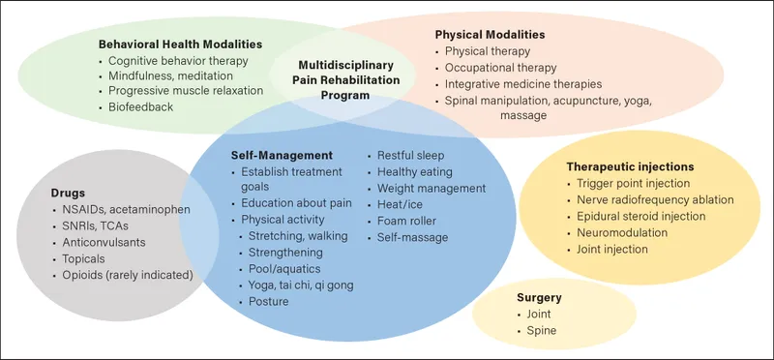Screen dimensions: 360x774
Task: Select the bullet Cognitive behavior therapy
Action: pyautogui.click(x=178, y=60)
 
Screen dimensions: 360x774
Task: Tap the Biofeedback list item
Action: pyautogui.click(x=141, y=106)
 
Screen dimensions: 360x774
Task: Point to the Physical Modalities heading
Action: pyautogui.click(x=490, y=34)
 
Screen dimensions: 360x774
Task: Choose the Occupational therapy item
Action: pyautogui.click(x=500, y=68)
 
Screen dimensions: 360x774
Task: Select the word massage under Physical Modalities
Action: pyautogui.click(x=523, y=115)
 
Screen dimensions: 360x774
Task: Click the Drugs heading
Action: pyautogui.click(x=68, y=193)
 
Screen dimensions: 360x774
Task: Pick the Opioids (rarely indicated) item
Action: pyautogui.click(x=128, y=275)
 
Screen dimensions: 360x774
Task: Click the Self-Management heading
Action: pyautogui.click(x=282, y=155)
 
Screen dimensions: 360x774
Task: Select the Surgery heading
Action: pyautogui.click(x=539, y=298)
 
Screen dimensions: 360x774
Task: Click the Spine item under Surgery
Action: pyautogui.click(x=542, y=331)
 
